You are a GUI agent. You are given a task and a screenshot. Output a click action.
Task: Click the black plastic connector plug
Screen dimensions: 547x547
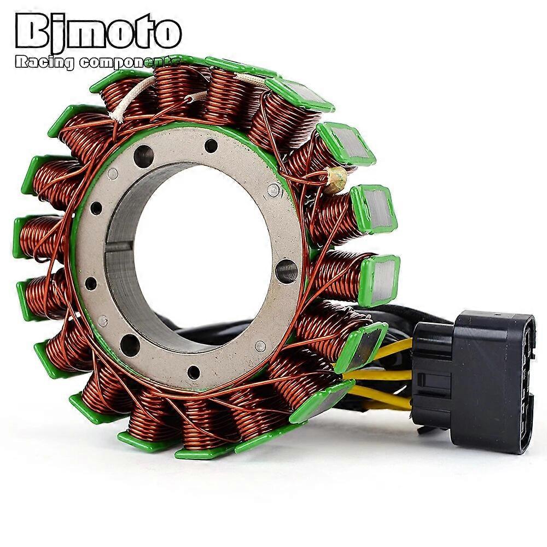[472, 381]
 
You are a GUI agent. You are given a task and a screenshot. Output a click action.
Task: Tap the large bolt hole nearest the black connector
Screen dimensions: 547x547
[287, 271]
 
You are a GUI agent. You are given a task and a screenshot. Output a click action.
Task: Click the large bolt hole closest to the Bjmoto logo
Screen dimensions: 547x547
[143, 155]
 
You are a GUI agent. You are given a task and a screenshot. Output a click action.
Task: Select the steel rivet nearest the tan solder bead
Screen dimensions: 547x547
[273, 189]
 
